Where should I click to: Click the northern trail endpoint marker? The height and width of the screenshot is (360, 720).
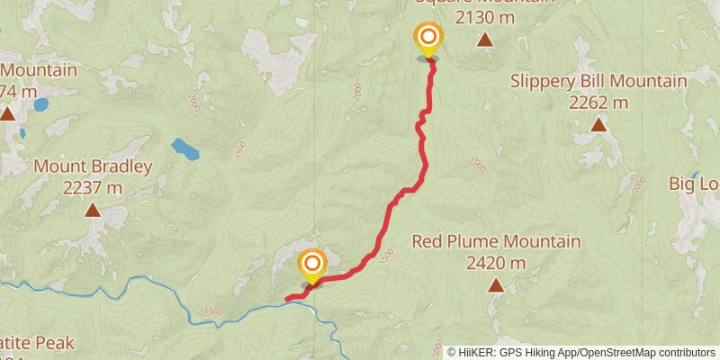[428, 38]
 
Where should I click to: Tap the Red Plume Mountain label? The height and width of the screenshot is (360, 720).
[496, 242]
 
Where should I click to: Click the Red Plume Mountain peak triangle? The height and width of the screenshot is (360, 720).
[496, 286]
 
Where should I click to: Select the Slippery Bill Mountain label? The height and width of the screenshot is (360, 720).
[598, 81]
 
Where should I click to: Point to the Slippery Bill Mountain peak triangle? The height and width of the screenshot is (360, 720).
[598, 124]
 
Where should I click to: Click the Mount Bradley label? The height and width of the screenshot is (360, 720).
[93, 166]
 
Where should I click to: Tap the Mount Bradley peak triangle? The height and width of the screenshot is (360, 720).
[93, 211]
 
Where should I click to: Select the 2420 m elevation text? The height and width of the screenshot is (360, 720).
[496, 263]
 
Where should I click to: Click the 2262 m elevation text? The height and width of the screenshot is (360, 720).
[598, 102]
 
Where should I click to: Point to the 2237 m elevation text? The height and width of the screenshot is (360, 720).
[93, 188]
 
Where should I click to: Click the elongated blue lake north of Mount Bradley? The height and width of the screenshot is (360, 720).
[185, 148]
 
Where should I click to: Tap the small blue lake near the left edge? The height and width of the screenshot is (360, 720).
[40, 104]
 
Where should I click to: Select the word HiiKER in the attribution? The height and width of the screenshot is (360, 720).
[477, 352]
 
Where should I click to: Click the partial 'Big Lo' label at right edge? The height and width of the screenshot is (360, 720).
[694, 184]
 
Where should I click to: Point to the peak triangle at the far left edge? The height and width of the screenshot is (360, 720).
[7, 113]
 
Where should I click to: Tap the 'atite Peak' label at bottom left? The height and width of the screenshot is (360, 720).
[36, 343]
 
